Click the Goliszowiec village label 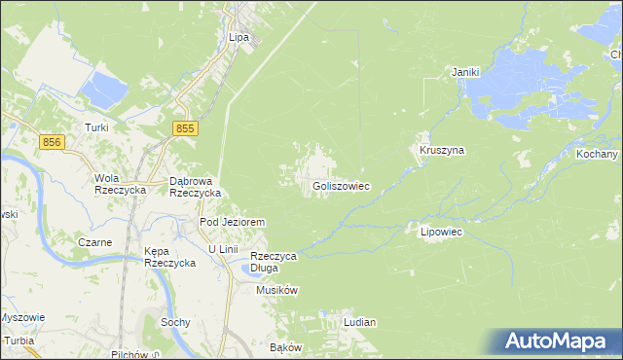click(341, 186)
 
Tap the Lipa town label click(239, 38)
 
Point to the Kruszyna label click(442, 151)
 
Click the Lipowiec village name click(440, 233)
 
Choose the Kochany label click(596, 155)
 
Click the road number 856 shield click(54, 142)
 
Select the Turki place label click(95, 127)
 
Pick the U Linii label click(223, 249)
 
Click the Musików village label click(276, 290)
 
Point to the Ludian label click(359, 321)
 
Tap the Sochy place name click(174, 321)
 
